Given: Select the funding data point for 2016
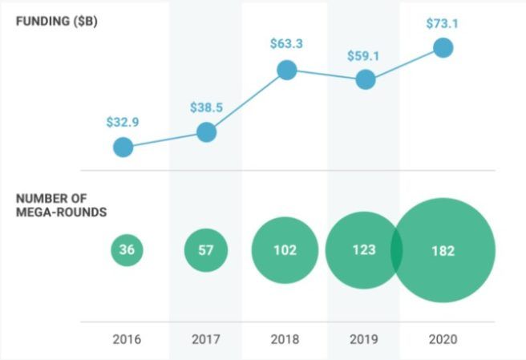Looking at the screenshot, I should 123,147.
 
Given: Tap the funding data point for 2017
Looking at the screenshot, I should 206,131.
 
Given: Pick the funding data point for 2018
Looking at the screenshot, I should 286,71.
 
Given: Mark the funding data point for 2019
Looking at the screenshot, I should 365,80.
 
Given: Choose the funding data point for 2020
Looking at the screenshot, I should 443,47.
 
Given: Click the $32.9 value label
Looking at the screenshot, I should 123,123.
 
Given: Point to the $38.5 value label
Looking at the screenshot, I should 206,107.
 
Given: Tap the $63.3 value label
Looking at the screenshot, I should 286,45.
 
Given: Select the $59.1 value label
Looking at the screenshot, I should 365,56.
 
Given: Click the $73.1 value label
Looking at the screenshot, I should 443,23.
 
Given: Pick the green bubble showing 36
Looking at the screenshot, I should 127,250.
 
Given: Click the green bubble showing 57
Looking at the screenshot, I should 206,250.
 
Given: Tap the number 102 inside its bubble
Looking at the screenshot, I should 284,250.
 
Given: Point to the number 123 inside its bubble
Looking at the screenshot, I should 362,250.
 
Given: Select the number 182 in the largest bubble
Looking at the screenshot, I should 442,250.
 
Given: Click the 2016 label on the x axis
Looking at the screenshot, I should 127,339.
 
